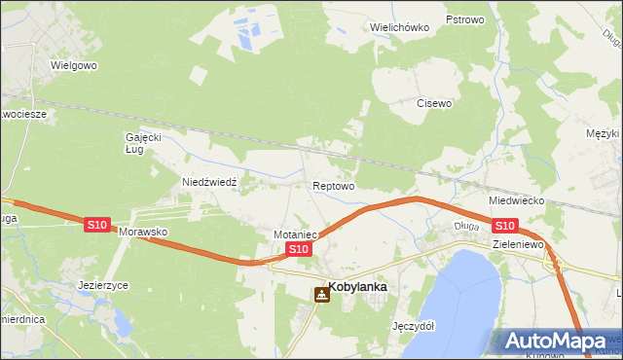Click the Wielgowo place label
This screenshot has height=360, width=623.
pyautogui.click(x=76, y=66)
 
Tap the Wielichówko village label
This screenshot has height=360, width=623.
pyautogui.click(x=400, y=27)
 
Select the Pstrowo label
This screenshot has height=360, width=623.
pyautogui.click(x=464, y=19)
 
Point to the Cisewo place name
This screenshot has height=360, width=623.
pyautogui.click(x=435, y=103)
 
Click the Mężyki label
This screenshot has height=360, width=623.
pyautogui.click(x=604, y=132)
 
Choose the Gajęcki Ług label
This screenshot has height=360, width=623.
pyautogui.click(x=141, y=143)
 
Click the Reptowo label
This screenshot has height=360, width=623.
pyautogui.click(x=333, y=185)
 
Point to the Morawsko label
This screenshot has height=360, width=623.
pyautogui.click(x=144, y=234)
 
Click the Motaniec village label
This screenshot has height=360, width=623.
pyautogui.click(x=297, y=234)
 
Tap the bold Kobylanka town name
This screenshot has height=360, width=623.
pyautogui.click(x=359, y=287)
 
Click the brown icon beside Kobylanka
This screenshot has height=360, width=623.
pyautogui.click(x=321, y=293)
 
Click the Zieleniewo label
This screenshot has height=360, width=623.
pyautogui.click(x=517, y=244)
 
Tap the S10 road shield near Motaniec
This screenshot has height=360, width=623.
pyautogui.click(x=299, y=250)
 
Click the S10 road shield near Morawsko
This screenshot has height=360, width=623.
pyautogui.click(x=96, y=225)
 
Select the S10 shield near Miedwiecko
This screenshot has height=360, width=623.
pyautogui.click(x=503, y=226)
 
